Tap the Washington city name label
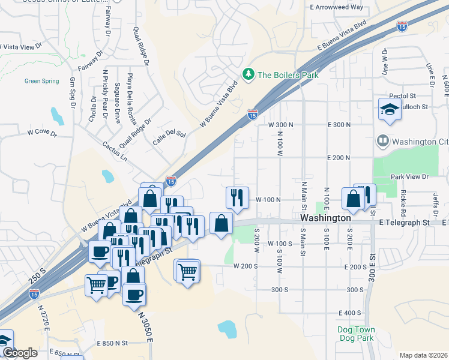(325, 218)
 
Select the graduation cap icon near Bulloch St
(390, 109)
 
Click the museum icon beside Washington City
(382, 142)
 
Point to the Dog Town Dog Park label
(355, 334)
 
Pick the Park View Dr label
(409, 177)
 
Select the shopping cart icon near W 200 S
(188, 271)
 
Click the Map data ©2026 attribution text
(423, 355)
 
